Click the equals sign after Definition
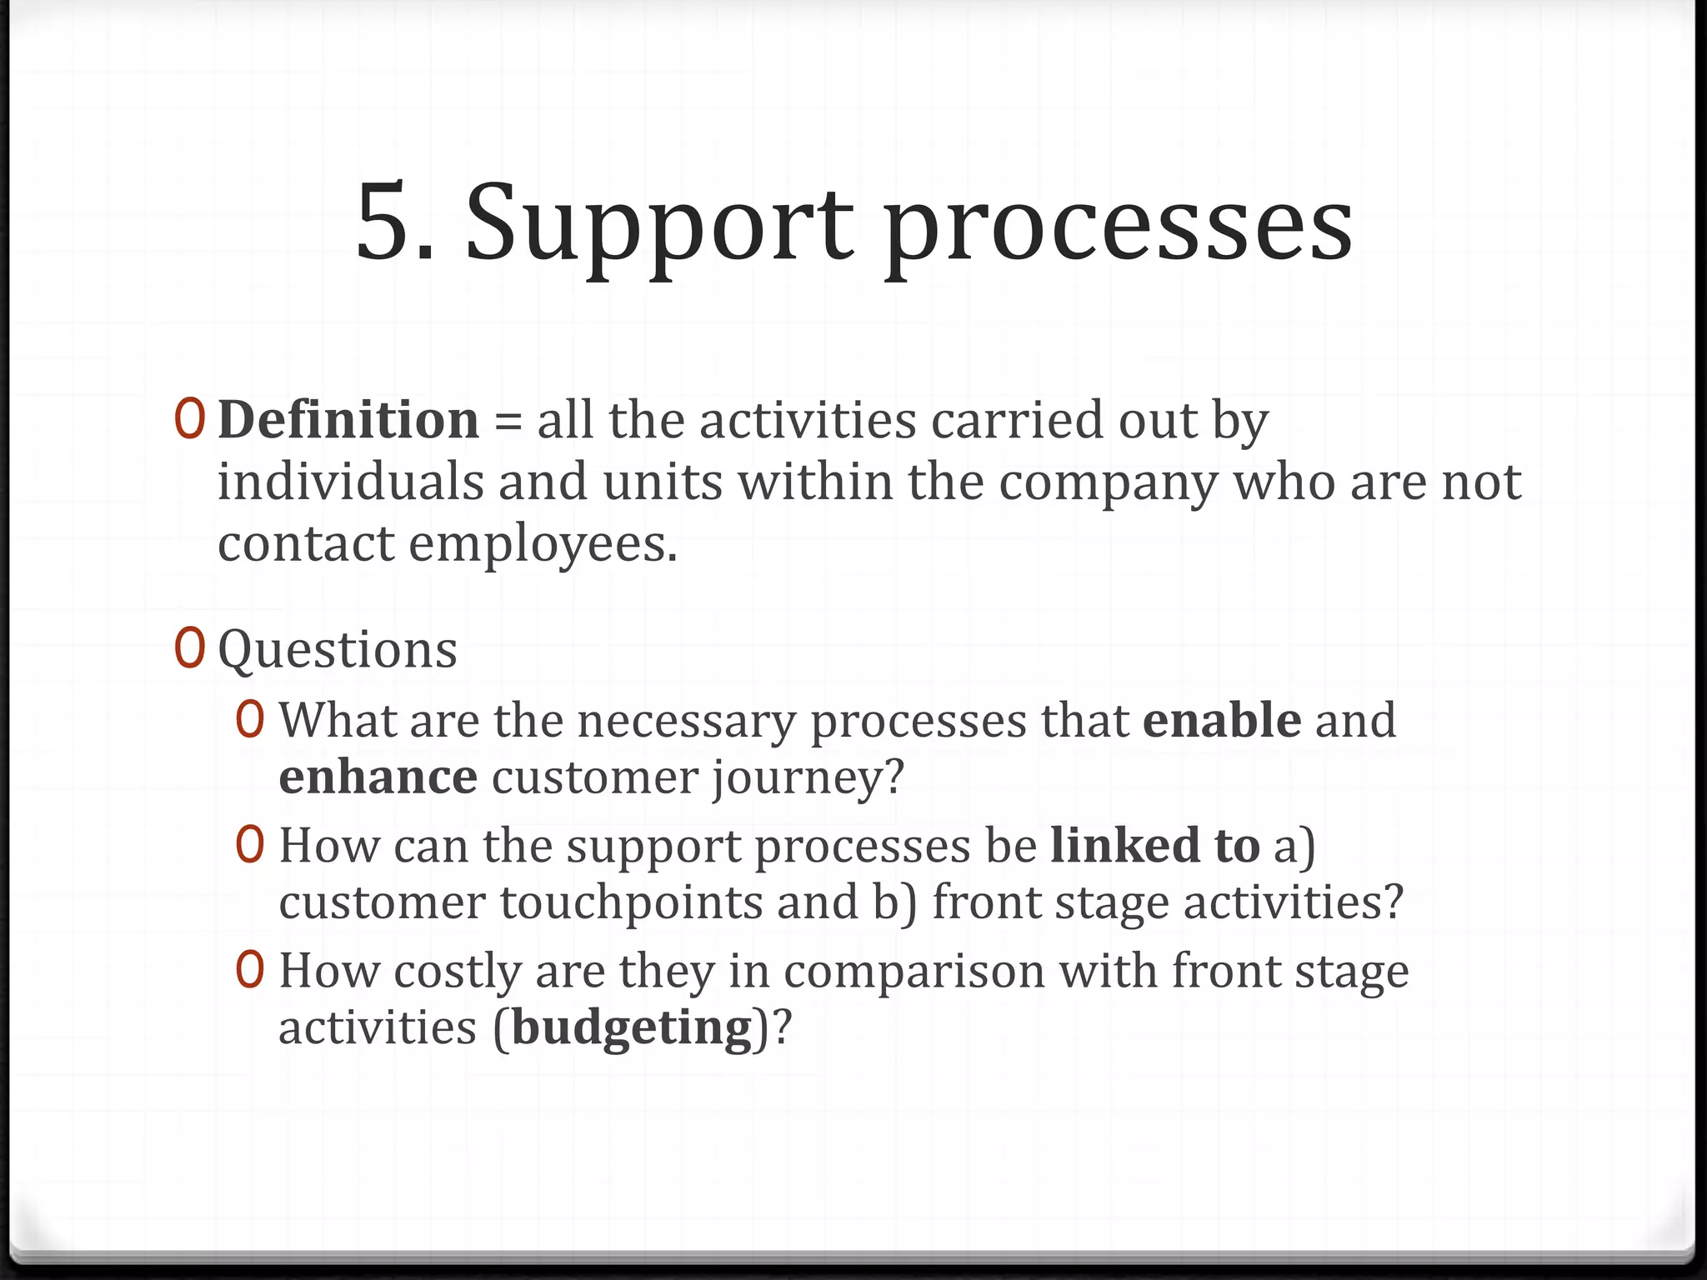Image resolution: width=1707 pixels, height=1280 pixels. tap(508, 422)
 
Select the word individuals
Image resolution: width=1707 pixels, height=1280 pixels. tap(350, 482)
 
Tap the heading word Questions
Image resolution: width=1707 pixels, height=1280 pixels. tap(338, 650)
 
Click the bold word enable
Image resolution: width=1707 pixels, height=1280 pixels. tap(1221, 720)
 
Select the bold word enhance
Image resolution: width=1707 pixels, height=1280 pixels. tap(378, 777)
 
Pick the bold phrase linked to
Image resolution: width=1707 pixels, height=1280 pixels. tap(1154, 845)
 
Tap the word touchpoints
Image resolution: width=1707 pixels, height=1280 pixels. tap(631, 903)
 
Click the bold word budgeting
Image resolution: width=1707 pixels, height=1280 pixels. tap(632, 1028)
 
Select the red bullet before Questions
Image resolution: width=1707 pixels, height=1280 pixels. tap(189, 648)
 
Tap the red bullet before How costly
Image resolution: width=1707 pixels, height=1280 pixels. tap(250, 970)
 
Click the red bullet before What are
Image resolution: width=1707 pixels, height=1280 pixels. tap(250, 719)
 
